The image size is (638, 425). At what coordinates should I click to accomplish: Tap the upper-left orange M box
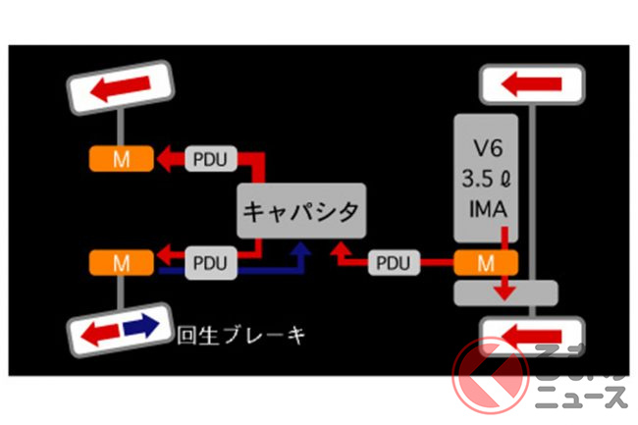tap(121, 158)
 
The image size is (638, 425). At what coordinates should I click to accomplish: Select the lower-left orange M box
tap(121, 263)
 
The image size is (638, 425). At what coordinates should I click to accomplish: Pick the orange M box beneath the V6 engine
tap(484, 262)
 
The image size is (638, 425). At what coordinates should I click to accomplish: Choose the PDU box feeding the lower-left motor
tap(209, 263)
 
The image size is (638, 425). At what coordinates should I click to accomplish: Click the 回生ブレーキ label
tap(240, 335)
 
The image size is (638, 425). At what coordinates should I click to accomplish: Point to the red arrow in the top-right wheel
tap(531, 85)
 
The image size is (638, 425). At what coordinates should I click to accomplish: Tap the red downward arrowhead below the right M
tap(505, 291)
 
